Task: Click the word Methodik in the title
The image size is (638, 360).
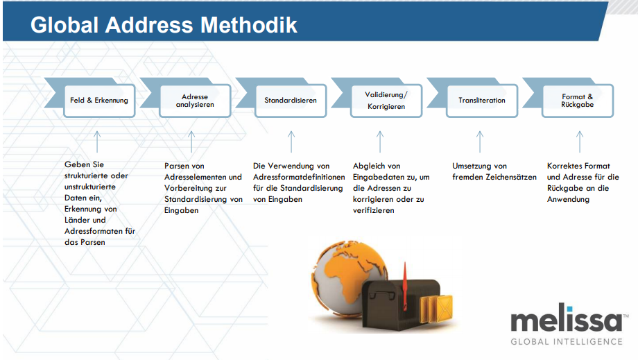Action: [x=249, y=26]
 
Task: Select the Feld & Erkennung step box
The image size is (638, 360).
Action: [x=99, y=101]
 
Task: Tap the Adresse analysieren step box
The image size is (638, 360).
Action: [x=194, y=101]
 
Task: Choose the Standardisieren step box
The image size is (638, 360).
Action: [x=290, y=101]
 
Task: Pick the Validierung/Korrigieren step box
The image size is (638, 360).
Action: [x=386, y=101]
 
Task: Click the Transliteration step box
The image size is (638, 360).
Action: [x=482, y=101]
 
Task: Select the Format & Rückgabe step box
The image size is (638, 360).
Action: [x=577, y=101]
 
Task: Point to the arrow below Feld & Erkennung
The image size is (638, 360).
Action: [x=97, y=141]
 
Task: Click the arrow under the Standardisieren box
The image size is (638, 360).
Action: [x=291, y=141]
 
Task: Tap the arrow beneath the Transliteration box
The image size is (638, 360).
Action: [x=479, y=141]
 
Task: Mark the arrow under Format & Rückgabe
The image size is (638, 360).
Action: [x=580, y=141]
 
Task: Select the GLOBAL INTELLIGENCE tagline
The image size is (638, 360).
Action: [x=567, y=341]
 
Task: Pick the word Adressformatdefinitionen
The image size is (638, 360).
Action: [x=299, y=178]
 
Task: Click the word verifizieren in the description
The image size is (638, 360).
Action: [x=374, y=211]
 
